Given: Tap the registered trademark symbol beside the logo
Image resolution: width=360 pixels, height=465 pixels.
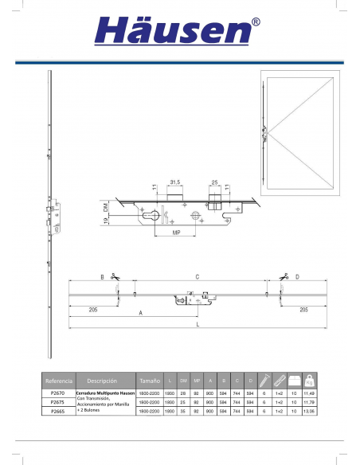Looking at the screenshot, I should coord(255,22).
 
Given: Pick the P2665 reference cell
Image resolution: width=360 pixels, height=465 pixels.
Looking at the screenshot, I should coord(57,412).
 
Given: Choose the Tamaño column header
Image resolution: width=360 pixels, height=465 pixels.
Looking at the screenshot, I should coord(149,381).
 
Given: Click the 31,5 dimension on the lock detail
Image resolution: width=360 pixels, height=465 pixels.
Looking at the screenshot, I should coord(175,181).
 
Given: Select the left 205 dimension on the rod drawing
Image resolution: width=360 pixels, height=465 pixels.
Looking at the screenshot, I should coord(93,309).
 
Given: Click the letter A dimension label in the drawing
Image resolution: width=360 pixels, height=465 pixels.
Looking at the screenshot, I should coord(140,314).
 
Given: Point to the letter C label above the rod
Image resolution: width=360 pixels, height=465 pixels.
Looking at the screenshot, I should coord(197,277).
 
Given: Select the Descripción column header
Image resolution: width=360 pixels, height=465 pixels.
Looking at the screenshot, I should coord(103,381).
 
